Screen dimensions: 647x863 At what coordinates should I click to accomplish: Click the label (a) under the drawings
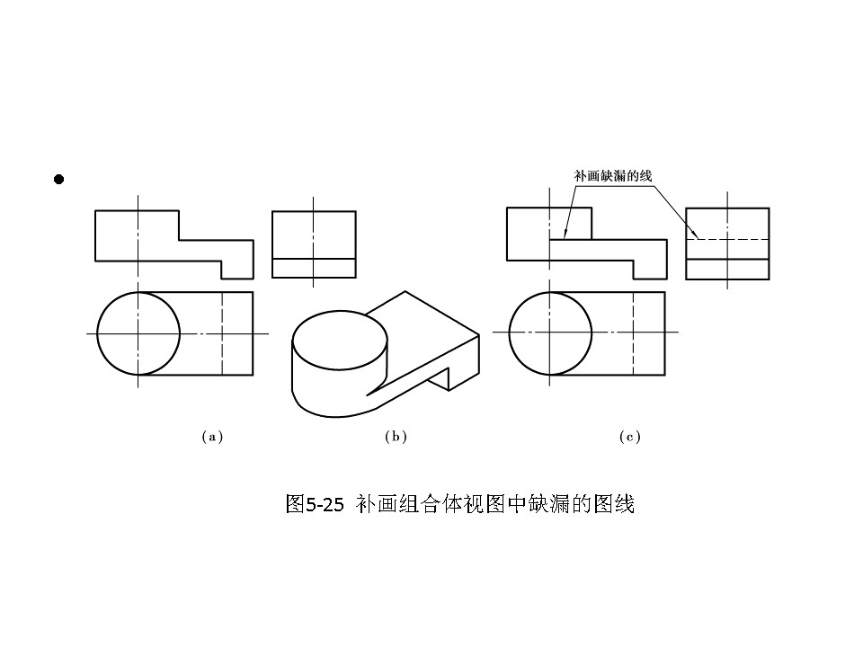[211, 437]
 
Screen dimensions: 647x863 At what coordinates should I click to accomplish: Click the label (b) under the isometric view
[396, 437]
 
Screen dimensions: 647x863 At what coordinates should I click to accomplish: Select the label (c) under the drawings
[629, 437]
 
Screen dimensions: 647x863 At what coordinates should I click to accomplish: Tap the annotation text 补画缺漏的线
[612, 176]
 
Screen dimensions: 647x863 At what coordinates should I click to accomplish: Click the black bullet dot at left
[59, 180]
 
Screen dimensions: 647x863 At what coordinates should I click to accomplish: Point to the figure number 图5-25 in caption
[314, 504]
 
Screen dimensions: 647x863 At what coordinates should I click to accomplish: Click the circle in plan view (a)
[138, 333]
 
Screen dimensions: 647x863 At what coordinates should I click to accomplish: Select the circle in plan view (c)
[550, 333]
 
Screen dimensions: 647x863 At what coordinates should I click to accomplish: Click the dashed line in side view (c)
[727, 239]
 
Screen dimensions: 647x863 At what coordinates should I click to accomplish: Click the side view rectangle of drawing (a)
[314, 244]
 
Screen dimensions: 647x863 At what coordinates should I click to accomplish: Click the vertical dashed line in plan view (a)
[222, 333]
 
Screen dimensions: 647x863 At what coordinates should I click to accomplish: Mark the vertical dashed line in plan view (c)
[635, 333]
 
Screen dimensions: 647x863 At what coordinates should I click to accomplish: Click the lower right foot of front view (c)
[650, 269]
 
